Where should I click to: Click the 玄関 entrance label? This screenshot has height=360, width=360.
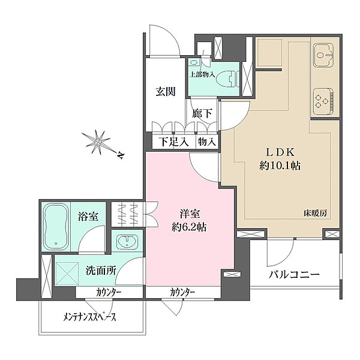click(166, 92)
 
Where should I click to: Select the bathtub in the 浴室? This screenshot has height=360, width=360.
click(56, 227)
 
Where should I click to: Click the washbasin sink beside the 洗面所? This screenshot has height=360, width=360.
click(127, 242)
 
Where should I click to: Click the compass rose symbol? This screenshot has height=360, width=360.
click(98, 142)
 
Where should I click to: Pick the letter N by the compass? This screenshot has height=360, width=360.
click(119, 155)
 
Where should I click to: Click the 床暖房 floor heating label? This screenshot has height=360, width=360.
click(315, 214)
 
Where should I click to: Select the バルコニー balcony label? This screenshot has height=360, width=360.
click(294, 274)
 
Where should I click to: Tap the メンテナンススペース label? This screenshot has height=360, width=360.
click(89, 317)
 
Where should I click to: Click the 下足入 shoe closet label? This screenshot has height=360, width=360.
click(173, 142)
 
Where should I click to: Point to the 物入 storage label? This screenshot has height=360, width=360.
click(207, 142)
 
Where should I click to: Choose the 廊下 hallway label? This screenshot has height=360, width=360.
click(202, 113)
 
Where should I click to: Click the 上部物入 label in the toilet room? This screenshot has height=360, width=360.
click(202, 74)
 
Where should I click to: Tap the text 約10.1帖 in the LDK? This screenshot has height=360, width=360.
click(280, 166)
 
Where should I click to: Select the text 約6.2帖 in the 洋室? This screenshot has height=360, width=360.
click(189, 227)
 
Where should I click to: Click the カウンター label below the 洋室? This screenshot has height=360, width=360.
click(182, 292)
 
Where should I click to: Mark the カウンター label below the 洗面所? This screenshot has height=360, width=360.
click(109, 292)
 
